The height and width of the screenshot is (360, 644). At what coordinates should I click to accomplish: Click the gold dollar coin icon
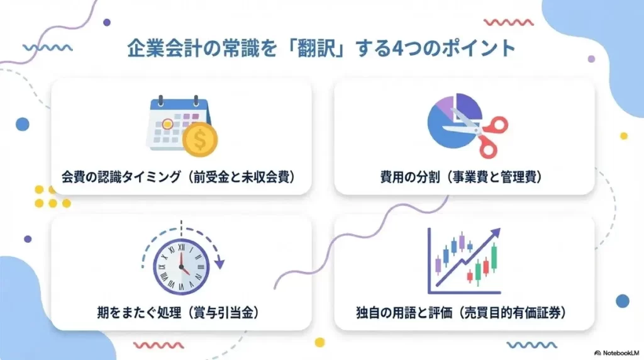tap(199, 140)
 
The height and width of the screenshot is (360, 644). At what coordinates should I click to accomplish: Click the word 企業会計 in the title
tap(155, 48)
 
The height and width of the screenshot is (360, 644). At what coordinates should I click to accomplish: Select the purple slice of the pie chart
tap(441, 104)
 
